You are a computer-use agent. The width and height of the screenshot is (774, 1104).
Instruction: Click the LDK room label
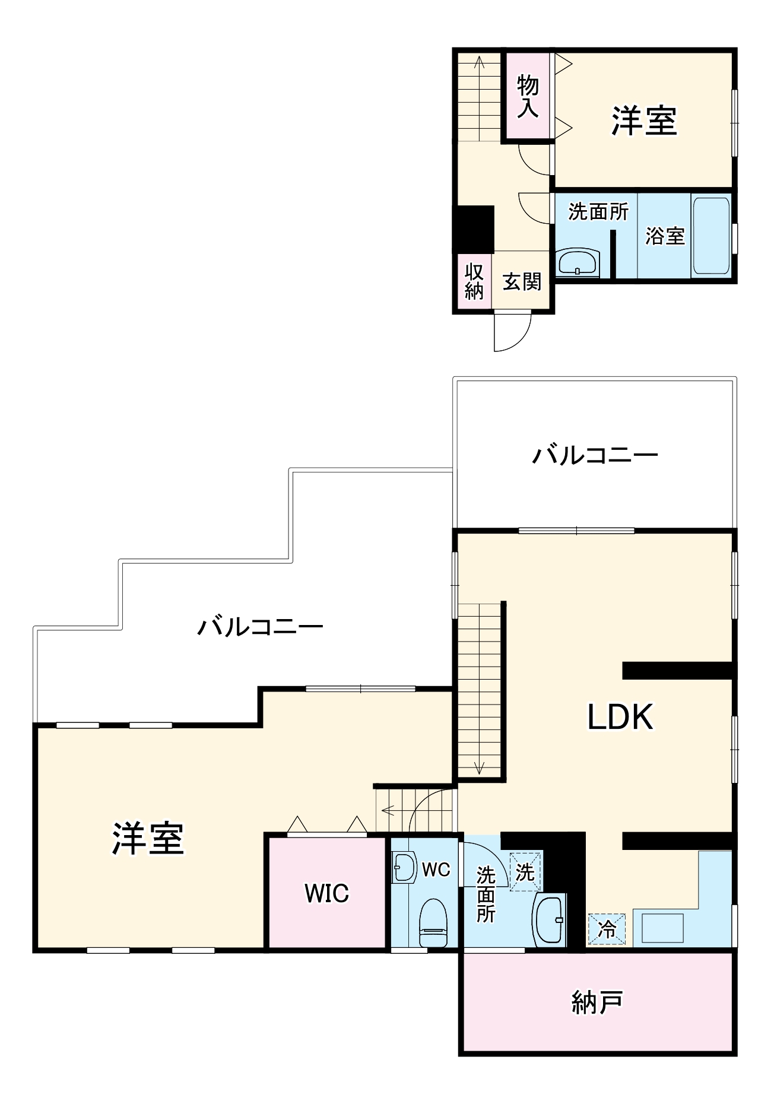point(620,717)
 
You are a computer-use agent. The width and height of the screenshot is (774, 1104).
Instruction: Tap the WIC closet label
point(326,893)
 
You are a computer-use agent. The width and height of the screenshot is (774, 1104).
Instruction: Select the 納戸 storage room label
point(597,1003)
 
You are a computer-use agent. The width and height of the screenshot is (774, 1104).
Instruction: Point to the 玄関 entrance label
point(522,281)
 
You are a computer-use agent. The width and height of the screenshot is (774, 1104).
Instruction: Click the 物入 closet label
point(527,97)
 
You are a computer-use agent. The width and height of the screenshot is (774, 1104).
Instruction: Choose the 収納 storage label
point(474,281)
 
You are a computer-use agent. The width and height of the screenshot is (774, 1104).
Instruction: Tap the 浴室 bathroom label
point(665,236)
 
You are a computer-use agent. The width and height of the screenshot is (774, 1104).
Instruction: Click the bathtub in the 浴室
point(711,236)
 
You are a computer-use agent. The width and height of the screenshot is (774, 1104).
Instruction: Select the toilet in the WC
point(433,923)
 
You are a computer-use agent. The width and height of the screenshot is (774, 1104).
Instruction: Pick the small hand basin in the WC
point(403,868)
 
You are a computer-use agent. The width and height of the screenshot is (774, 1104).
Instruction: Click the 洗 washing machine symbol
point(525,872)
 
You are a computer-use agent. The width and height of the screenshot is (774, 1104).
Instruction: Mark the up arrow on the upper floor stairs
point(478,62)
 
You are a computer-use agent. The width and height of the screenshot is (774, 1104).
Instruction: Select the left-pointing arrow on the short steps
point(388,809)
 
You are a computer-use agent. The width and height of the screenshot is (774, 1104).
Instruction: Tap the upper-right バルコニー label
point(595,456)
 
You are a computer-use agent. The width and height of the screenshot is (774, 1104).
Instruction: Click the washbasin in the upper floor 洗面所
point(578,262)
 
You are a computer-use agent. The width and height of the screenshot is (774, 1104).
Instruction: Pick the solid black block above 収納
point(474,229)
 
